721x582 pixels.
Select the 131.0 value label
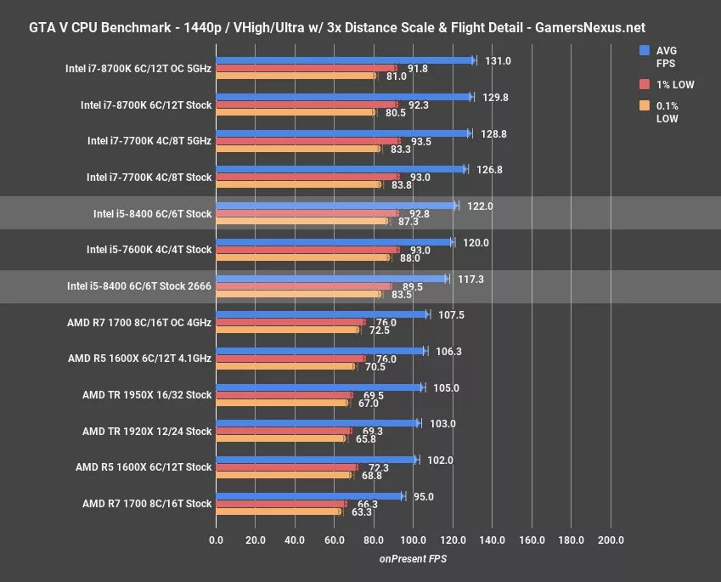pyautogui.click(x=497, y=60)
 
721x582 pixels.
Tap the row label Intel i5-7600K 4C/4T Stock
pyautogui.click(x=149, y=250)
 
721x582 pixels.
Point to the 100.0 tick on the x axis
pyautogui.click(x=414, y=540)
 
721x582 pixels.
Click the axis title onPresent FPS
pyautogui.click(x=413, y=559)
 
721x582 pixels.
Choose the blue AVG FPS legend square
pyautogui.click(x=645, y=50)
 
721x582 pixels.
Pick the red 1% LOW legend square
pyautogui.click(x=645, y=84)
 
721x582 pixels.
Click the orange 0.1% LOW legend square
pyautogui.click(x=645, y=106)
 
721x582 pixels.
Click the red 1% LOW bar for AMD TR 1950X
pyautogui.click(x=284, y=395)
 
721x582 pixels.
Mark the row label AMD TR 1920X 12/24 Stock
pyautogui.click(x=147, y=432)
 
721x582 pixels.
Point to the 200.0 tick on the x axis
pyautogui.click(x=611, y=540)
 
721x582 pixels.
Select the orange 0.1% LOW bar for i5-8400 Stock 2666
pyautogui.click(x=298, y=295)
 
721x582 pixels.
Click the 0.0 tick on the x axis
pyautogui.click(x=217, y=540)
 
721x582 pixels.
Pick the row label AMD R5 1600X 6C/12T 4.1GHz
pyautogui.click(x=139, y=359)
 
